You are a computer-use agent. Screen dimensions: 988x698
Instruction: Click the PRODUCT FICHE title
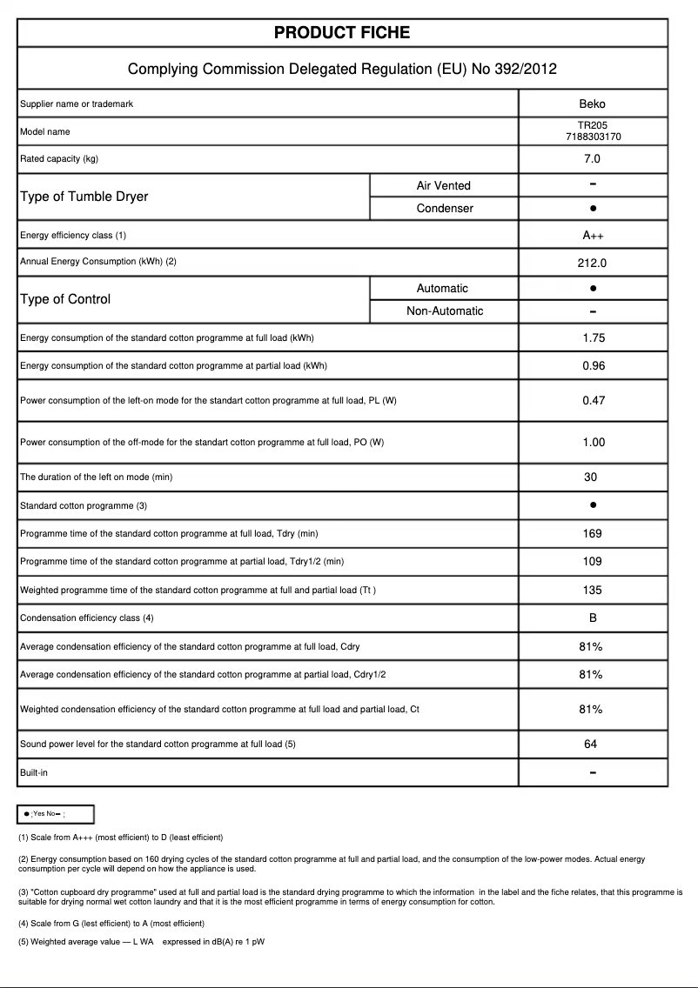tap(342, 33)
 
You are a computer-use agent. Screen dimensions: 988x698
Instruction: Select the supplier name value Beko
tap(592, 103)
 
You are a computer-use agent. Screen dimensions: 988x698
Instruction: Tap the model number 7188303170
tap(593, 137)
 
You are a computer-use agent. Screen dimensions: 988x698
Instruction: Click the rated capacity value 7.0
tap(592, 159)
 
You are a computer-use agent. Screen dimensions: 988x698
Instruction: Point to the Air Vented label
tap(443, 185)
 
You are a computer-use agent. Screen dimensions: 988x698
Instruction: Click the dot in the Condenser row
tap(593, 209)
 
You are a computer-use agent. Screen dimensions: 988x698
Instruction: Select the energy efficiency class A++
tap(593, 236)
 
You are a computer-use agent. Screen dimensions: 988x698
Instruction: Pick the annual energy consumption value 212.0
tap(592, 262)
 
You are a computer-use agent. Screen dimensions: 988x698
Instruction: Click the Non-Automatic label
tap(445, 311)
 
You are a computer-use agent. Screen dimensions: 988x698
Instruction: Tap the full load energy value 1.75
tap(593, 338)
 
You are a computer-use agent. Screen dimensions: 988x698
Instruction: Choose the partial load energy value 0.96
tap(593, 366)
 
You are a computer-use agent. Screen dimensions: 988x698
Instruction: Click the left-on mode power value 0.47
tap(593, 401)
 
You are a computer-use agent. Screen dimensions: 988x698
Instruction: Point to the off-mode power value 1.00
tap(593, 443)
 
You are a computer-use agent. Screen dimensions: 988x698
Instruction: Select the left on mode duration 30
tap(591, 477)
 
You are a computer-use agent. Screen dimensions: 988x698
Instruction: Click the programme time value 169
tap(592, 534)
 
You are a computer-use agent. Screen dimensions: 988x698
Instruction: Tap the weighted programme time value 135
tap(592, 591)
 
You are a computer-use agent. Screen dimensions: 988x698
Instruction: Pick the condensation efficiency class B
tap(592, 618)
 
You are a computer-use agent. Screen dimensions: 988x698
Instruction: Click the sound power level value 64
tap(591, 744)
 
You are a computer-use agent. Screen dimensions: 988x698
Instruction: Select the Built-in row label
tap(34, 772)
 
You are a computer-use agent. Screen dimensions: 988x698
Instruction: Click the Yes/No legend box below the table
tap(56, 814)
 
